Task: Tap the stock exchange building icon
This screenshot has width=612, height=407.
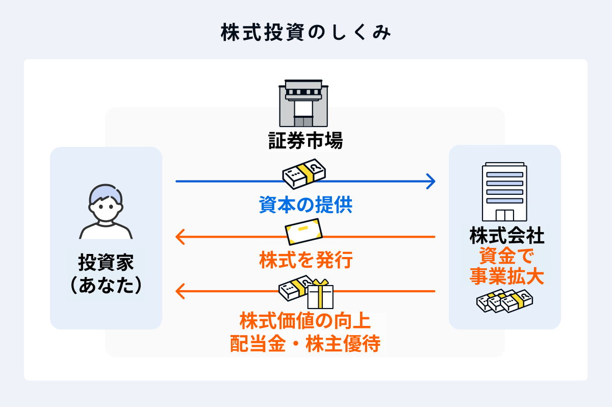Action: [x=304, y=104]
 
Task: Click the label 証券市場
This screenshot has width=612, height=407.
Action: [x=305, y=140]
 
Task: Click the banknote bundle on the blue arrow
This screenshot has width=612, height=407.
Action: [x=304, y=174]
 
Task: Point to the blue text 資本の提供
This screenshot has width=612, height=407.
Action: [x=305, y=205]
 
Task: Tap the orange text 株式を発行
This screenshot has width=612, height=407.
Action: [x=305, y=260]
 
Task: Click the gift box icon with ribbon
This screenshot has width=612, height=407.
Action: [x=320, y=294]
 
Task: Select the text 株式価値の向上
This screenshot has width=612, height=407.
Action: [x=305, y=322]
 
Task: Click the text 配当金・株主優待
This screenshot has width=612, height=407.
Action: [x=305, y=344]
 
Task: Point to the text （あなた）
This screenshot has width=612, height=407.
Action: [x=106, y=285]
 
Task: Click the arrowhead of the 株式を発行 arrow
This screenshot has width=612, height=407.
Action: [x=180, y=237]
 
